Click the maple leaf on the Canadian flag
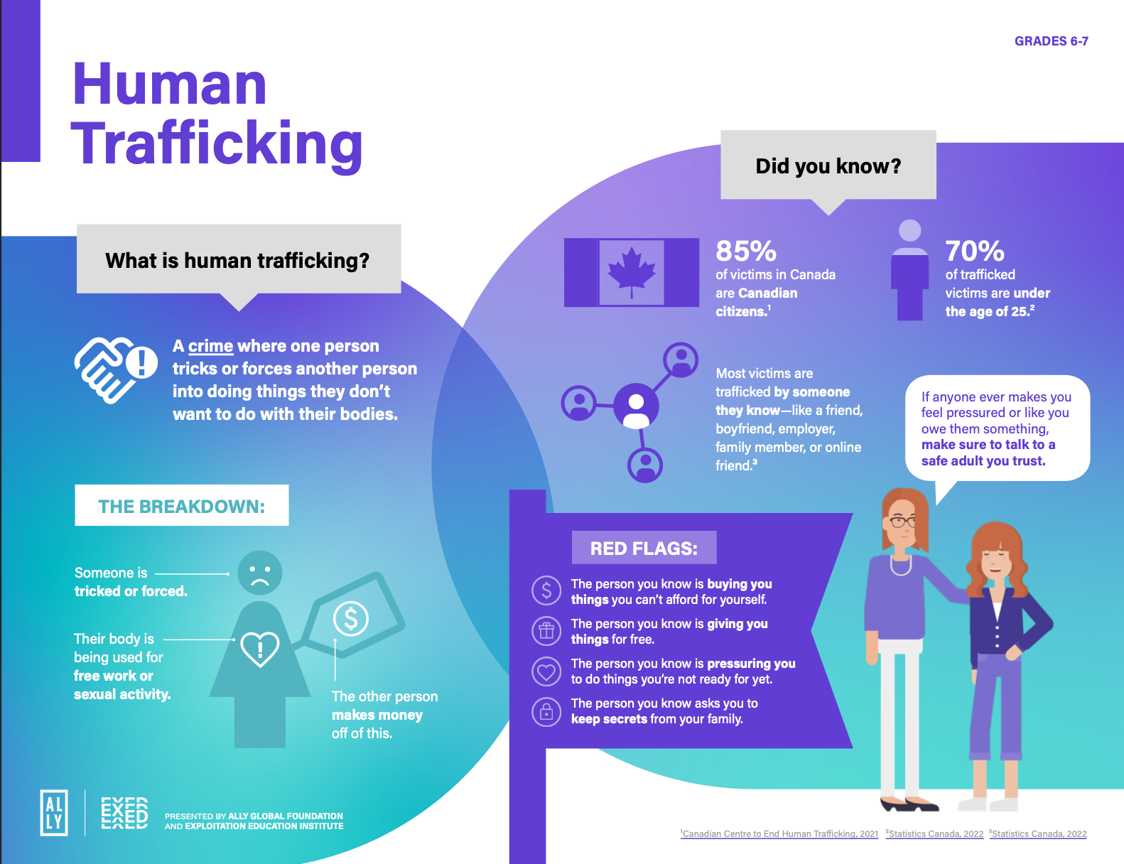631,271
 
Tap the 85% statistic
745,251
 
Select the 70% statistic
974,251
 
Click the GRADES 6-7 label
1051,41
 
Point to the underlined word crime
210,346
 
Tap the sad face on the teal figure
259,573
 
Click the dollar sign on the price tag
351,618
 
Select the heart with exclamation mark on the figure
260,648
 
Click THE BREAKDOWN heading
181,506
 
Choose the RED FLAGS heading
644,548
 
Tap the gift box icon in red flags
546,630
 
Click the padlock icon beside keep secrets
546,711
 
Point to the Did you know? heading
828,166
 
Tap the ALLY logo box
55,812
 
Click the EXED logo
124,813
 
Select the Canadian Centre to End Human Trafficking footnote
779,834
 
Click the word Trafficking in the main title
217,144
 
